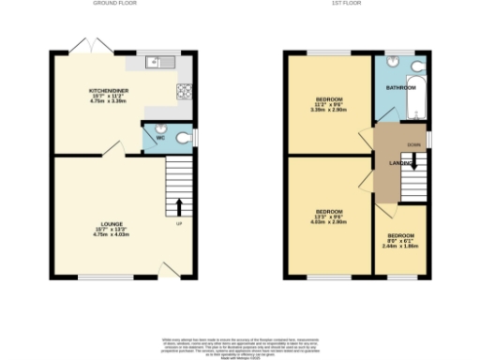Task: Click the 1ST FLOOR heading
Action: point(355,5)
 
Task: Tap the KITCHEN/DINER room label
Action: point(106,91)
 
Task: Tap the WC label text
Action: point(160,138)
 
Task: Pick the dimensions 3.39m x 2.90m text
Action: point(328,109)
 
